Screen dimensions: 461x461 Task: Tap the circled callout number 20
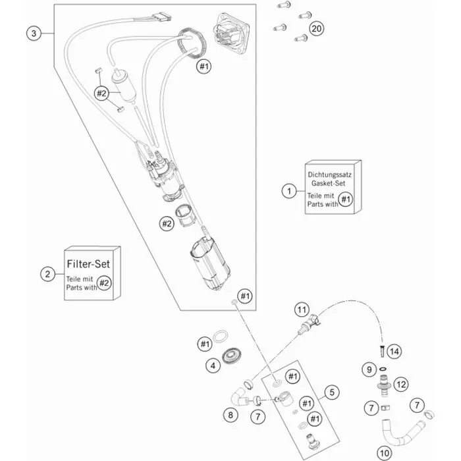[317, 29]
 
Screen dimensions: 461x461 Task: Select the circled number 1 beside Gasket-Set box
[287, 191]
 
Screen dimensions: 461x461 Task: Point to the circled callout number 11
[302, 309]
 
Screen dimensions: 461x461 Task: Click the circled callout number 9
[370, 369]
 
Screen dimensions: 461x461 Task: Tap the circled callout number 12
[402, 383]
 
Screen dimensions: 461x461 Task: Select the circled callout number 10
[384, 452]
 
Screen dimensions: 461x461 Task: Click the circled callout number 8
[230, 416]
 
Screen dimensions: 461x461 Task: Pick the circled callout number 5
[333, 393]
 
